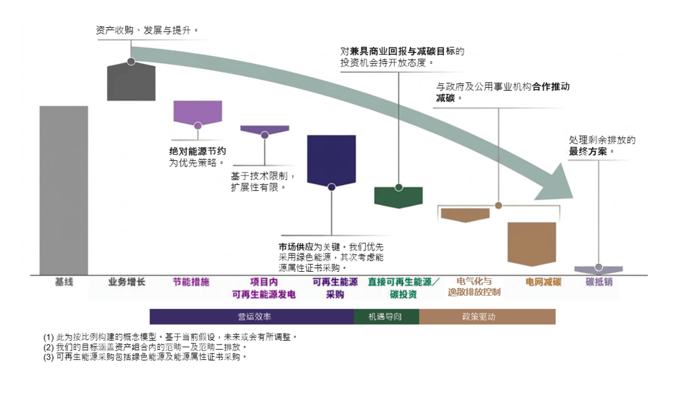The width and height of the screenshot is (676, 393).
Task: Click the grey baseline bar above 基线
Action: pos(64,190)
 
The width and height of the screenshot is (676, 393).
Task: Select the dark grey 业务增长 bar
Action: pos(131,82)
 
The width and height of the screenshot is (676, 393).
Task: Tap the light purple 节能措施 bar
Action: pos(197,113)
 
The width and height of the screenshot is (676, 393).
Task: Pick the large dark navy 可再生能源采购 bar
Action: pos(332,161)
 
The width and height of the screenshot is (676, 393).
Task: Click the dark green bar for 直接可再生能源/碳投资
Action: pos(399,197)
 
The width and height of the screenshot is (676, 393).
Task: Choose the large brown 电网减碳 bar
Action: pos(532,244)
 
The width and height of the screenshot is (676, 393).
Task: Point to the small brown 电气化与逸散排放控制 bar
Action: pos(465,215)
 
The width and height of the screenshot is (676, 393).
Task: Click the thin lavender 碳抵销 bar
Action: pos(599,270)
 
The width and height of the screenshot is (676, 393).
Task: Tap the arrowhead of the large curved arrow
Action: pos(556,183)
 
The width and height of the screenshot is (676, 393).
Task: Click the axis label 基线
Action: pos(64,282)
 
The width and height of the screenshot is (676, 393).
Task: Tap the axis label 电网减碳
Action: pos(543,282)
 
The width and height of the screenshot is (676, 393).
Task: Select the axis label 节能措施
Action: pos(191,282)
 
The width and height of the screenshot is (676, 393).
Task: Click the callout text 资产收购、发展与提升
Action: pos(143,30)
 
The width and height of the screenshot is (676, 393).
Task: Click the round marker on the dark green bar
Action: pos(399,187)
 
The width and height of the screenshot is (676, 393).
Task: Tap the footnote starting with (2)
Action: pos(145,347)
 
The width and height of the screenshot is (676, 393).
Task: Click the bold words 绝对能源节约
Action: pos(197,152)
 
